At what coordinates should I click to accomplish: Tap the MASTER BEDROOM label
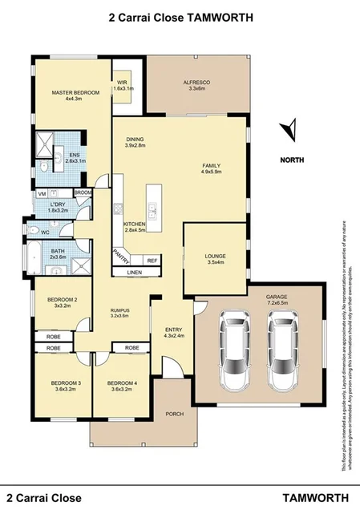[75, 93]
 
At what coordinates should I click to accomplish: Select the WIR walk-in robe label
[123, 82]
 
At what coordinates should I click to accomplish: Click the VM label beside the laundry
[42, 194]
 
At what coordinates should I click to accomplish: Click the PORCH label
[172, 414]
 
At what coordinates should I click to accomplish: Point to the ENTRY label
[173, 330]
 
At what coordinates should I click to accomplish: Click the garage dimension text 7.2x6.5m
[277, 303]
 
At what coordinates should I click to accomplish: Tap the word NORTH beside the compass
[292, 159]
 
